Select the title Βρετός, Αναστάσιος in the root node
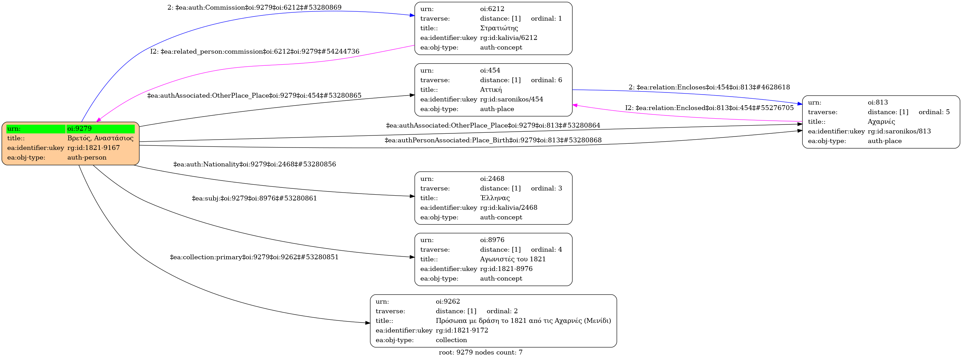(x=100, y=138)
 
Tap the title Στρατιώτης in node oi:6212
(x=499, y=28)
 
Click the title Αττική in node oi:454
(x=491, y=90)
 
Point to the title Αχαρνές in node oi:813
(x=881, y=122)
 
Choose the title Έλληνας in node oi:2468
(x=495, y=198)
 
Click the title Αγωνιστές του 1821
(x=513, y=259)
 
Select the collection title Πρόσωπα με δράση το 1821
(x=523, y=320)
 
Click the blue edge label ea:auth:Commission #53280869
(x=254, y=8)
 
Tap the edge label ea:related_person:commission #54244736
(x=255, y=52)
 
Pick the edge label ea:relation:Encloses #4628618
(x=709, y=87)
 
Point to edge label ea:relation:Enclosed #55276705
(x=709, y=108)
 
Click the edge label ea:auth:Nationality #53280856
(x=254, y=164)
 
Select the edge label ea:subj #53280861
(x=254, y=198)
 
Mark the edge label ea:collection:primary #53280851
(x=254, y=257)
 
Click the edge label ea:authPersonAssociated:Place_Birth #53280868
(x=493, y=140)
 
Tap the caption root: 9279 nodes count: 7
(x=480, y=352)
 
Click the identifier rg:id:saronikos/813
(x=899, y=131)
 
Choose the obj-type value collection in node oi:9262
(x=451, y=340)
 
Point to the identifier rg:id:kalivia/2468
(x=509, y=208)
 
